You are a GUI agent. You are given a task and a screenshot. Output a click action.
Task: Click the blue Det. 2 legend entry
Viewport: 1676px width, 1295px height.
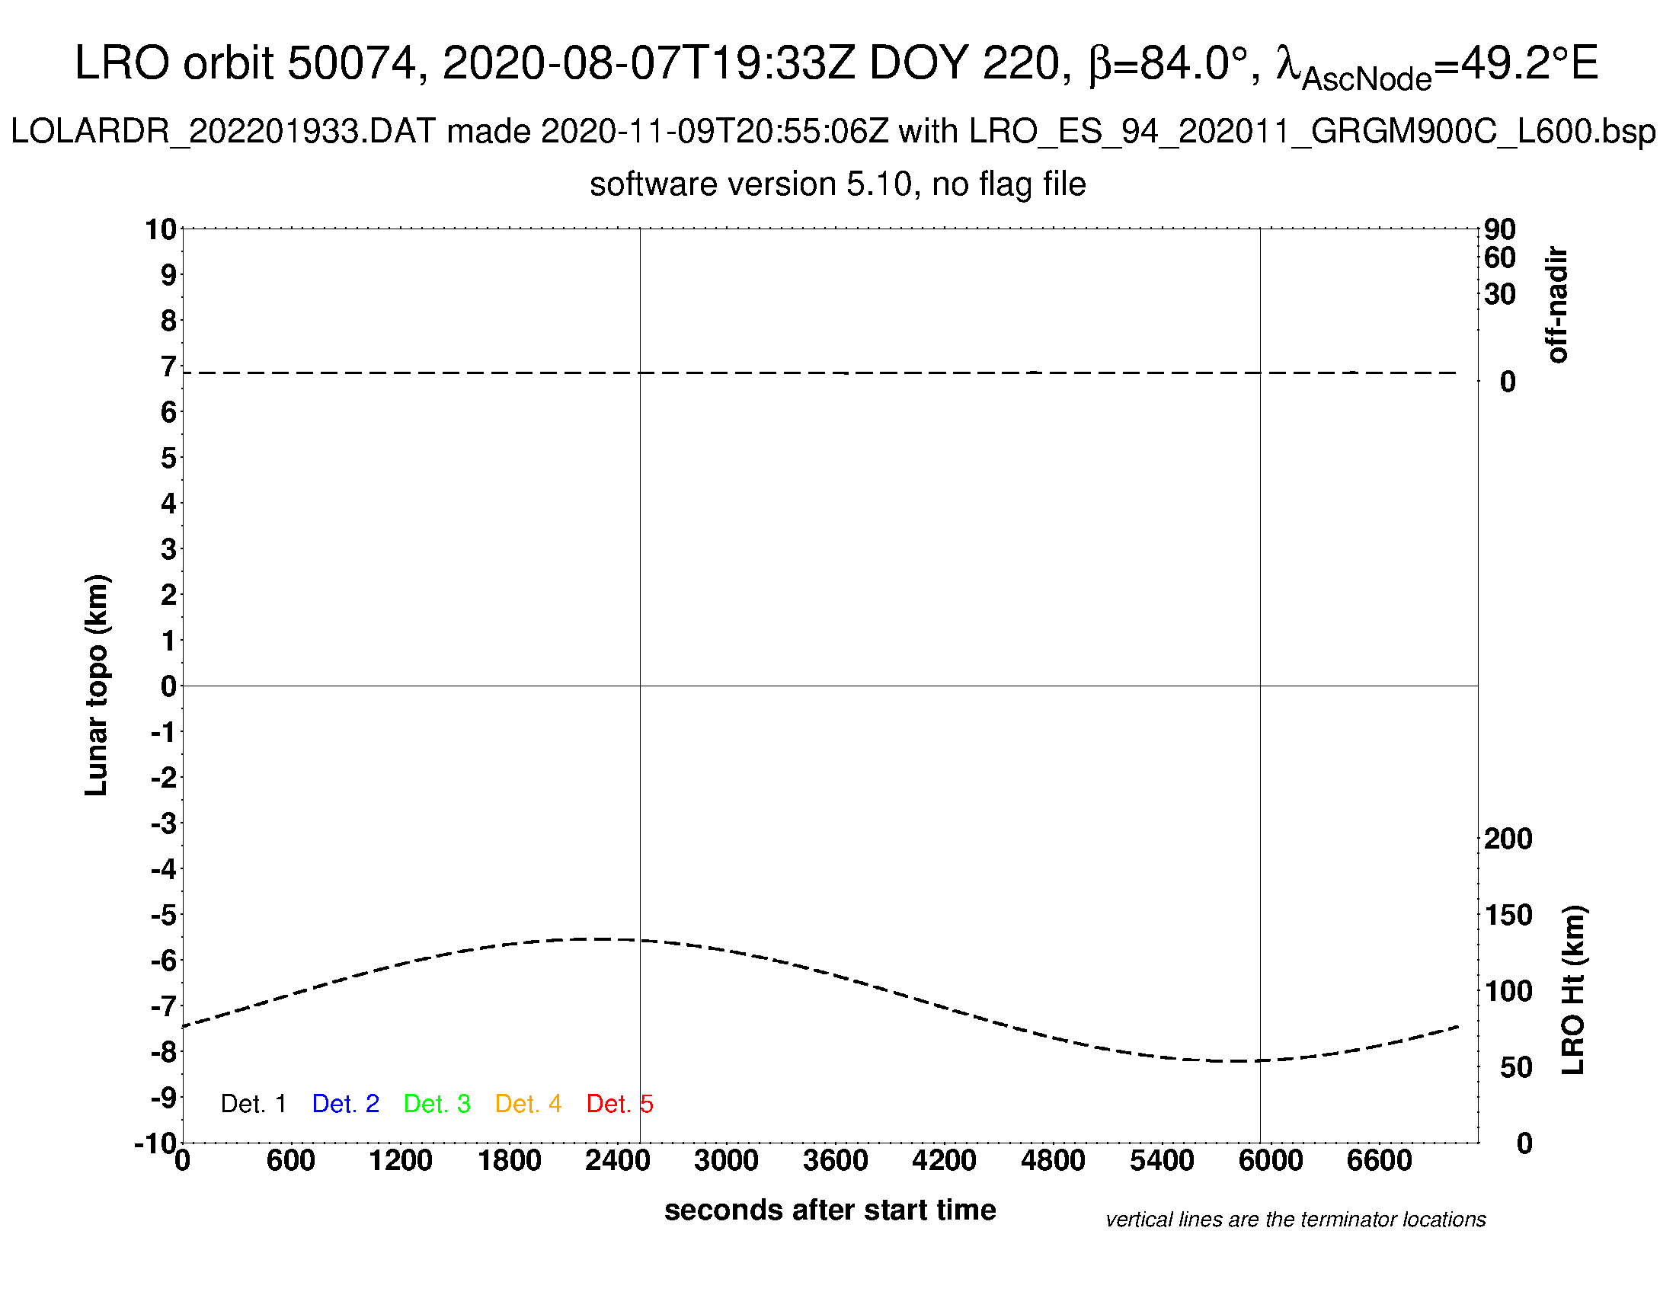pyautogui.click(x=345, y=1104)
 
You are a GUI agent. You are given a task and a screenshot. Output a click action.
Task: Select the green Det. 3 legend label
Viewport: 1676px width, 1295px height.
pyautogui.click(x=437, y=1104)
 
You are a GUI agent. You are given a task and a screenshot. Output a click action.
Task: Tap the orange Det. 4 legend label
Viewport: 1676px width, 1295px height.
pyautogui.click(x=528, y=1104)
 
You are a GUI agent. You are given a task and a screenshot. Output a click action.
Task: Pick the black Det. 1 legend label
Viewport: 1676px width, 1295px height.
pyautogui.click(x=253, y=1104)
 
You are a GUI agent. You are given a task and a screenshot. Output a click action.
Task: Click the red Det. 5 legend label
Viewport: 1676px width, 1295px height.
pyautogui.click(x=619, y=1104)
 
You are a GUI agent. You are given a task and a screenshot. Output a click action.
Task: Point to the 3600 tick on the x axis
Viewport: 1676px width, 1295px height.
pyautogui.click(x=835, y=1160)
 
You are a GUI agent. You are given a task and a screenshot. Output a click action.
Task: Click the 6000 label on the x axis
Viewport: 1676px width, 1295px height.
pyautogui.click(x=1270, y=1160)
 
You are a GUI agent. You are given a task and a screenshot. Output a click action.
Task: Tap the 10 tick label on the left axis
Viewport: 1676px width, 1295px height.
pyautogui.click(x=162, y=229)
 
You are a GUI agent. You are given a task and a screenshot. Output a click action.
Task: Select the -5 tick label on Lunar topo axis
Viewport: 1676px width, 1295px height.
pyautogui.click(x=164, y=914)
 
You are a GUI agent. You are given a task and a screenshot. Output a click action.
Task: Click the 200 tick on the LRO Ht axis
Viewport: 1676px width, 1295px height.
pyautogui.click(x=1508, y=839)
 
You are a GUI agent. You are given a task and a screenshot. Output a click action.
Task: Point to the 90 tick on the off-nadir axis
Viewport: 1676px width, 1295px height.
pyautogui.click(x=1499, y=229)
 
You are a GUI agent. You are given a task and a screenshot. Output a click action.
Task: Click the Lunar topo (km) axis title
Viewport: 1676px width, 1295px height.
pyautogui.click(x=97, y=685)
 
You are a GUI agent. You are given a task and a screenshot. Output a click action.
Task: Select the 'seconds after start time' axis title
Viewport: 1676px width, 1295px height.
pyautogui.click(x=830, y=1210)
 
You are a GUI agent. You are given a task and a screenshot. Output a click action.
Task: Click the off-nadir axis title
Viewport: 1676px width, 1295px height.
pyautogui.click(x=1557, y=305)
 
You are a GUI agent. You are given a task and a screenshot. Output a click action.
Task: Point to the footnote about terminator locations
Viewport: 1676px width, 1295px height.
pyautogui.click(x=1295, y=1220)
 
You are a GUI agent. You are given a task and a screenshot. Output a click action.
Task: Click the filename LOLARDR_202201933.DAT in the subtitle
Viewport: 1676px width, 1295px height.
pyautogui.click(x=222, y=132)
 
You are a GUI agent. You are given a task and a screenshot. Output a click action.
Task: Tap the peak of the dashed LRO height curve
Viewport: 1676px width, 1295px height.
pyautogui.click(x=599, y=938)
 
